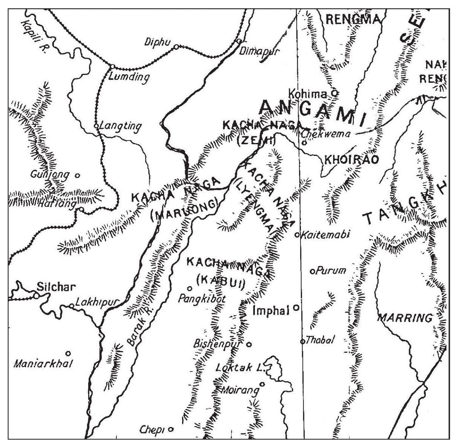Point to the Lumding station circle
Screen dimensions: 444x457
tap(112, 67)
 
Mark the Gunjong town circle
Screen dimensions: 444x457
tap(77, 175)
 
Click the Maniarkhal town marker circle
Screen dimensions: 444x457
tap(68, 353)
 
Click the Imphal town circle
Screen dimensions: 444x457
tap(296, 307)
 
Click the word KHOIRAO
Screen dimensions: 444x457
tap(349, 160)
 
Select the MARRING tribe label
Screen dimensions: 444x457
tap(405, 318)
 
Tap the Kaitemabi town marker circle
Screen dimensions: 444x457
tap(297, 235)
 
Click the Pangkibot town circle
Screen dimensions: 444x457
tap(190, 288)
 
